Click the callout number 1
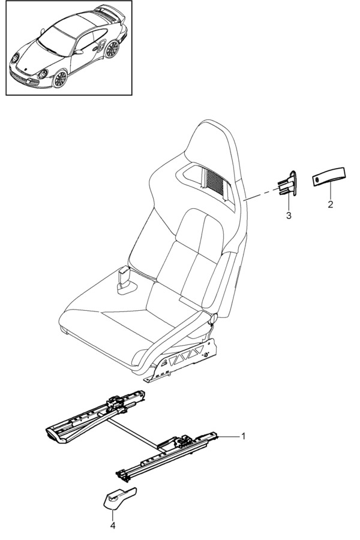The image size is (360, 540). pos(243,436)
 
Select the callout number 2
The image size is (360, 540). pos(329,205)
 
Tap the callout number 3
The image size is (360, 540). pos(289,215)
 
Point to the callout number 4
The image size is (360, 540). pos(113,526)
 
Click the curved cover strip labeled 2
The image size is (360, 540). pos(329,179)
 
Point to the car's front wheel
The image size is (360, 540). pos(60,78)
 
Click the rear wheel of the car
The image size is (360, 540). pos(112,48)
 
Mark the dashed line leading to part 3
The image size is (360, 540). pos(262,195)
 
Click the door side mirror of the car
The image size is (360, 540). pos(79,53)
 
